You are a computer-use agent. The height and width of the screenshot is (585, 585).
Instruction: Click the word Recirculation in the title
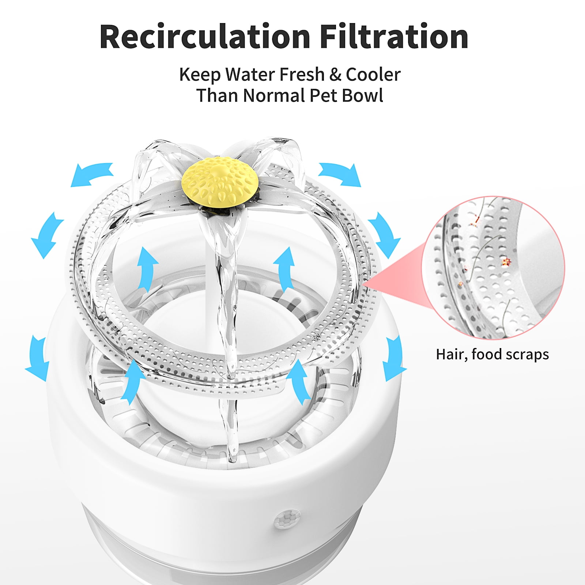pyautogui.click(x=205, y=37)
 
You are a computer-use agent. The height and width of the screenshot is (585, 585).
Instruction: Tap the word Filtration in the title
pyautogui.click(x=395, y=37)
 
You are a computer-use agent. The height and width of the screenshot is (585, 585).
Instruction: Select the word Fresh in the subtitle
pyautogui.click(x=302, y=75)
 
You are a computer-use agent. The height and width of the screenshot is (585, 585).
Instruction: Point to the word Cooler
pyautogui.click(x=373, y=75)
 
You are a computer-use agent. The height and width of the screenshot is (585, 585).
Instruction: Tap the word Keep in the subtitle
pyautogui.click(x=200, y=76)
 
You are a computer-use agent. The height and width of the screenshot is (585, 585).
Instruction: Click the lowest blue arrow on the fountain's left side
pyautogui.click(x=38, y=353)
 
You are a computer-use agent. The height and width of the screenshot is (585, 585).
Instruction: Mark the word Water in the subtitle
pyautogui.click(x=250, y=75)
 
